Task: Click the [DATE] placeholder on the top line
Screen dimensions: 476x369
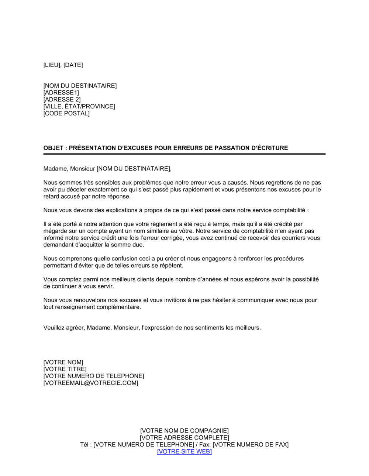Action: click(x=73, y=65)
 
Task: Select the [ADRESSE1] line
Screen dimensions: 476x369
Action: click(x=61, y=93)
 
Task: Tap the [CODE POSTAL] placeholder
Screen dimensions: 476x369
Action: click(x=66, y=113)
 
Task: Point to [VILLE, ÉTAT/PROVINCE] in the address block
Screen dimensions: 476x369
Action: click(x=79, y=106)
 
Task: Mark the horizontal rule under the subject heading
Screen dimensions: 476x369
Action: click(x=184, y=154)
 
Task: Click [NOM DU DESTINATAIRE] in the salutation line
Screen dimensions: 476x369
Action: click(x=134, y=169)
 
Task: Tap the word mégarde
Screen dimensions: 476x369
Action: click(x=56, y=231)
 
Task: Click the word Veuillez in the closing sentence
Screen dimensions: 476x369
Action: click(x=54, y=328)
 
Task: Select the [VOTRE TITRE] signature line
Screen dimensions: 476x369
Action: click(x=65, y=369)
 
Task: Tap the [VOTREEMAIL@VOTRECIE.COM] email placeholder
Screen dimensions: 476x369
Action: click(x=91, y=383)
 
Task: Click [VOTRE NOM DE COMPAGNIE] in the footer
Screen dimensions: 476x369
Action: click(x=184, y=431)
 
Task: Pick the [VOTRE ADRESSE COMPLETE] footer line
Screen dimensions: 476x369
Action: click(x=184, y=438)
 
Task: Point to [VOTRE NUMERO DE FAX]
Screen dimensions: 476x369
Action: click(x=251, y=445)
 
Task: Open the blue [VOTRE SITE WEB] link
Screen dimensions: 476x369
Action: click(x=184, y=452)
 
